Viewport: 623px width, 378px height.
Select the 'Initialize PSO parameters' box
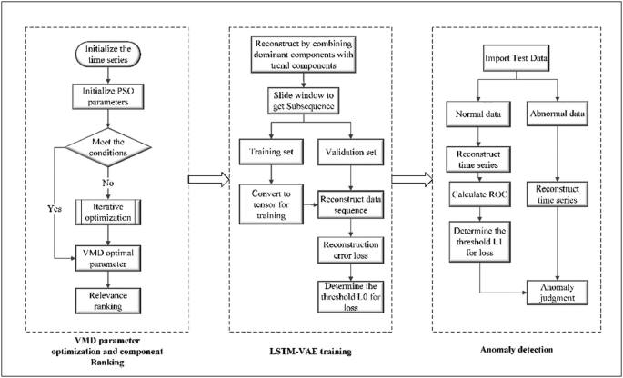pyautogui.click(x=110, y=95)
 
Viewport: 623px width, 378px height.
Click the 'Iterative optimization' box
pyautogui.click(x=110, y=211)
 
